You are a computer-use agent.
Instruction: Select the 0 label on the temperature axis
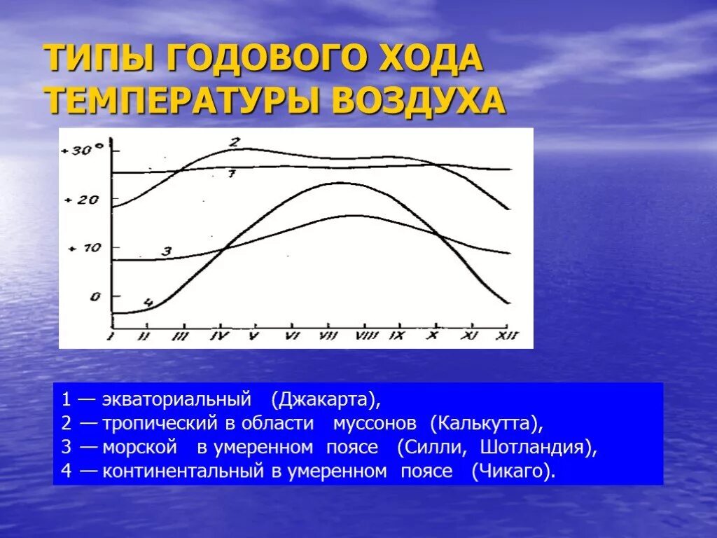point(95,296)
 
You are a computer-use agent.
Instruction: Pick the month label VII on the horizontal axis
point(328,336)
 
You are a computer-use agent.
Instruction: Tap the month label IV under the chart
point(220,336)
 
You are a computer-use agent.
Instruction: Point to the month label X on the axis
point(434,336)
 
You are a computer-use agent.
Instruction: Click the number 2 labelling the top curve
point(236,142)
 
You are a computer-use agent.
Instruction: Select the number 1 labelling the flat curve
point(232,173)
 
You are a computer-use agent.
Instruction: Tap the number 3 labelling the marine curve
point(166,251)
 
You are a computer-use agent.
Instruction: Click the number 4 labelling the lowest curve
point(148,303)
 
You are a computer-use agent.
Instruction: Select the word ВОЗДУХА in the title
point(418,102)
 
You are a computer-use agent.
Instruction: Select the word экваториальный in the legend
point(176,400)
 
